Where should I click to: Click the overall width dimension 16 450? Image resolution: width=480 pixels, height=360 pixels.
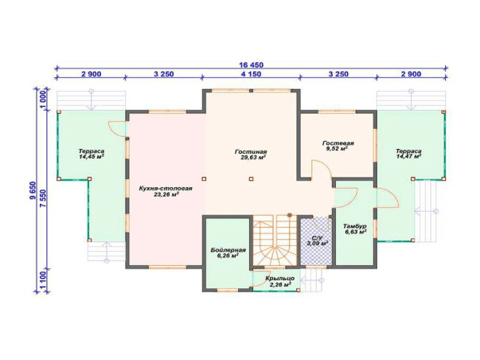coord(251,65)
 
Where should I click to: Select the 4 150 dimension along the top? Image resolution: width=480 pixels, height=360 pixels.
coord(251,74)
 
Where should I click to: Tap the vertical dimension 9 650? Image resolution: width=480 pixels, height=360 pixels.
coord(33,190)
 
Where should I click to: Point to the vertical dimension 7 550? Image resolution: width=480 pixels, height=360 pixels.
coord(44,198)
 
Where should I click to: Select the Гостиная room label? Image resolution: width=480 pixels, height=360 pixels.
coord(251,151)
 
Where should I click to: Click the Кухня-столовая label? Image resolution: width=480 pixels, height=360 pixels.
coord(166,189)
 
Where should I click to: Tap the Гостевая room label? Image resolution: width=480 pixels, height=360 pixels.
coord(338,143)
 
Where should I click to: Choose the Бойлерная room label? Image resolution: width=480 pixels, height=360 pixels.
coord(228,250)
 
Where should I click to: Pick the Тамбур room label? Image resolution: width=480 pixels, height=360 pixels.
coord(355,226)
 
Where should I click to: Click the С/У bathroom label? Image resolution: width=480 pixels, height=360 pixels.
coord(318,238)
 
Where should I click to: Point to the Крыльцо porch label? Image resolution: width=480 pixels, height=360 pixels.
coord(279,279)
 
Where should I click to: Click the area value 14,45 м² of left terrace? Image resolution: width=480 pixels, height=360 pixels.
coord(92,157)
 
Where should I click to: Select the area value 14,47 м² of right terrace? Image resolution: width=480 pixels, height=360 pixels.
coord(408,157)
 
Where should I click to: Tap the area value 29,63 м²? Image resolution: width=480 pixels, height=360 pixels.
coord(253,158)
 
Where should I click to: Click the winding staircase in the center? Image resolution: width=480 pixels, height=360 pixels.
coord(275,241)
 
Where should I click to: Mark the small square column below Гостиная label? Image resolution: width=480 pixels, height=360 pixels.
coord(251,178)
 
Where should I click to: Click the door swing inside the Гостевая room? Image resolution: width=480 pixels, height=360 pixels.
coord(321,169)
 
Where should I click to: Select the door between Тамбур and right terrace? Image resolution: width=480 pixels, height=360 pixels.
coord(388,198)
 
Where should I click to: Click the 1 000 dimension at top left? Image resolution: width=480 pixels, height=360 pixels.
coord(43,100)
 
